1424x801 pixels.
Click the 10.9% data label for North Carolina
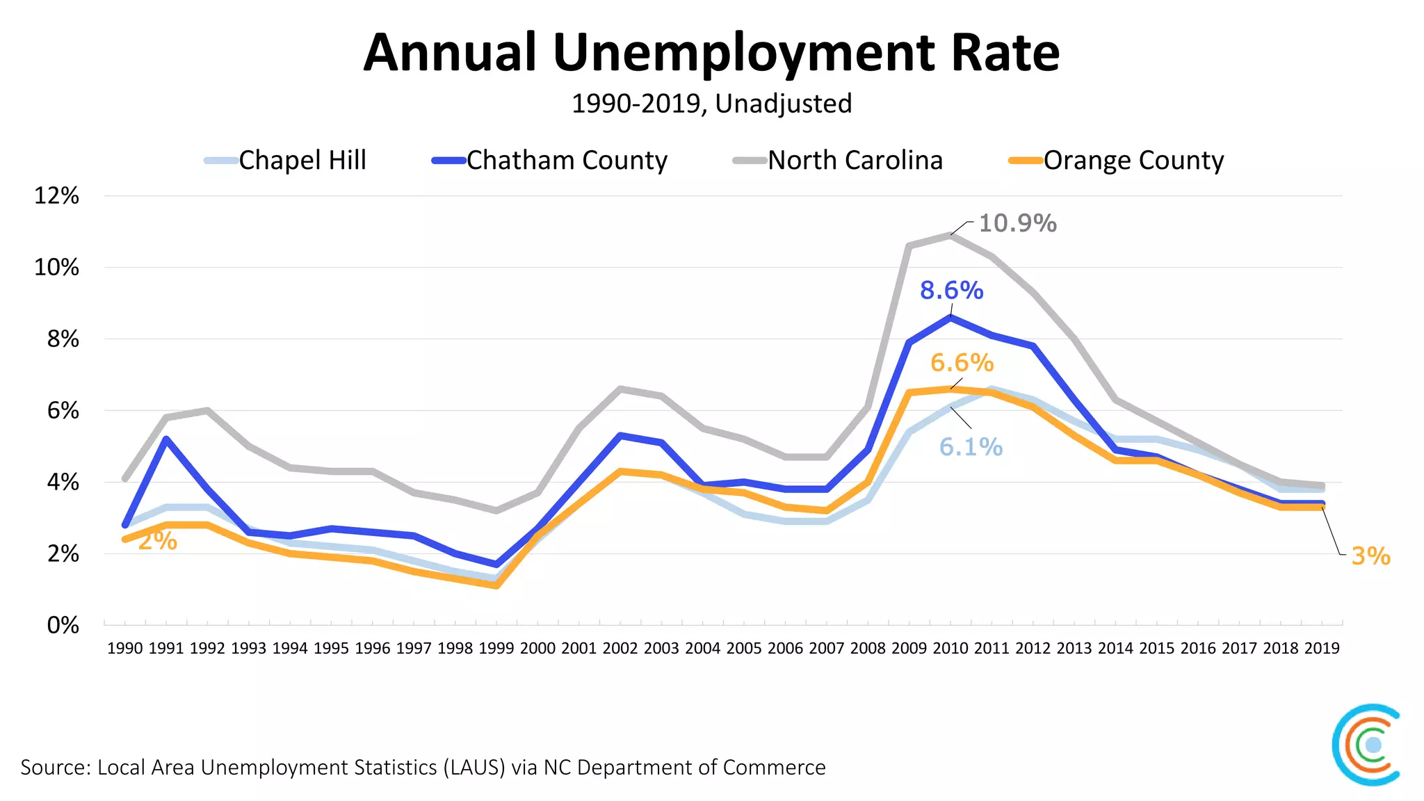[1017, 223]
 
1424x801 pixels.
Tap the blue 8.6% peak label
[951, 291]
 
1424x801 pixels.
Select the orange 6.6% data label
[962, 363]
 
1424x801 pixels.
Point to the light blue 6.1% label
[971, 447]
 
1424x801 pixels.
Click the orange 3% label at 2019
[1370, 556]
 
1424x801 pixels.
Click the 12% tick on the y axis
[56, 196]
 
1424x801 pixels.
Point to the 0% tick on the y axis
[63, 625]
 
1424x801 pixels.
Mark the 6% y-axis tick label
[63, 411]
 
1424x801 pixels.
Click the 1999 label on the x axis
[496, 649]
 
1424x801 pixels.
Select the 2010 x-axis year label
[950, 649]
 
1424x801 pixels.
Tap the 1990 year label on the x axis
[125, 649]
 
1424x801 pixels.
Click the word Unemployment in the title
[744, 53]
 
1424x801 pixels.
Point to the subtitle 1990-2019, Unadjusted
[711, 104]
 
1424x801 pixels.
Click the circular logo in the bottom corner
[1367, 745]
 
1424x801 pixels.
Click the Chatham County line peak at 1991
[166, 439]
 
